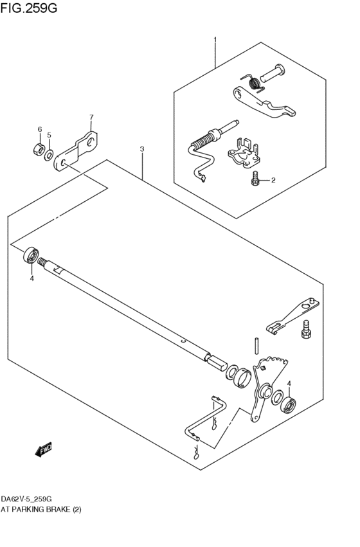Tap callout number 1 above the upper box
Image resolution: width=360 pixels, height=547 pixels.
(215, 40)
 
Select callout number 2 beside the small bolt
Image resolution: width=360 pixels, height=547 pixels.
(273, 181)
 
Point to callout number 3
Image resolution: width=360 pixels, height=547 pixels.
(141, 149)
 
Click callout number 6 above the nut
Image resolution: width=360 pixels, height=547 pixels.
(39, 130)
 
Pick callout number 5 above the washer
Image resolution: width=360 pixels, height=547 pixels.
(49, 136)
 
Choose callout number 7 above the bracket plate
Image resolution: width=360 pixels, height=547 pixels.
(91, 118)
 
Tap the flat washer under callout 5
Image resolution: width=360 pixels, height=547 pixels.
(50, 154)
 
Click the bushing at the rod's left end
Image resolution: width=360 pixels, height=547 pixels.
(30, 255)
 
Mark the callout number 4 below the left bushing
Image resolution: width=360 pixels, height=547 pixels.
(30, 279)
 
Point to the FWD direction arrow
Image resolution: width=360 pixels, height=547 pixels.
(44, 451)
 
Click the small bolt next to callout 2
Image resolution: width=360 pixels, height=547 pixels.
(256, 179)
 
